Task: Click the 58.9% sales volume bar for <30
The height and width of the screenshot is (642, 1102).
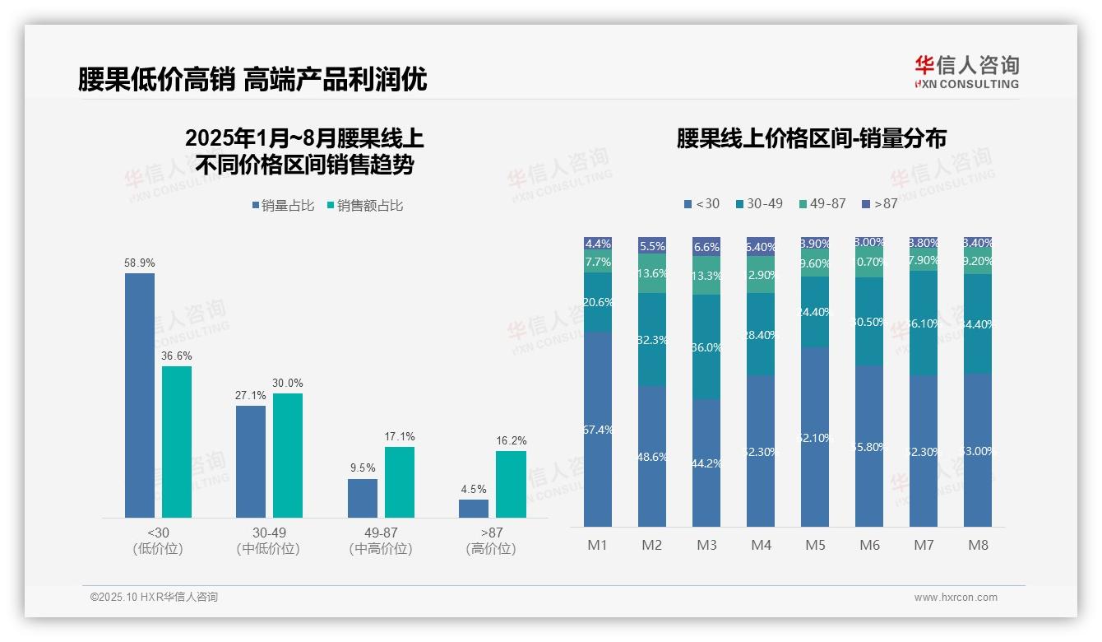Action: (140, 395)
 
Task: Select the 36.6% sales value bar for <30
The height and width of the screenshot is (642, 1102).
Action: (177, 442)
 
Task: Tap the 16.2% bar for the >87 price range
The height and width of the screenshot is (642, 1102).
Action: (511, 484)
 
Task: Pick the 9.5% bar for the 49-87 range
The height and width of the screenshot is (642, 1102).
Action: (363, 498)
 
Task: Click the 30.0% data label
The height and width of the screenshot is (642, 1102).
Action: (288, 383)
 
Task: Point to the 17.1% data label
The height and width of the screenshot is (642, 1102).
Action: (400, 436)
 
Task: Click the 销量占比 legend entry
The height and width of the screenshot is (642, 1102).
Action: (284, 206)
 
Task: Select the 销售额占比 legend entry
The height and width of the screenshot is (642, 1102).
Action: (365, 206)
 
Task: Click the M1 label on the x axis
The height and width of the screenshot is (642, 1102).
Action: (597, 545)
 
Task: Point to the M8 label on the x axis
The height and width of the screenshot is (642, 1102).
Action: (978, 545)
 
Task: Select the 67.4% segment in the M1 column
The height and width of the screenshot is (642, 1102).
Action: (598, 429)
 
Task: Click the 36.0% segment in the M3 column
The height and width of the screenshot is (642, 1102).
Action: (706, 347)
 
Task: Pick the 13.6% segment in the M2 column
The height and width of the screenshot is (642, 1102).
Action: (652, 273)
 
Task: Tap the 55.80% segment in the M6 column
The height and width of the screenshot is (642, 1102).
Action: (869, 446)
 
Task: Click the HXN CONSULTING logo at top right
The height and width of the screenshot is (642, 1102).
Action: (966, 72)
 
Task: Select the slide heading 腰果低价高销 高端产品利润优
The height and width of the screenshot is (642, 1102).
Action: (252, 80)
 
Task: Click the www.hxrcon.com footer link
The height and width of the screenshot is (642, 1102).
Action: (956, 598)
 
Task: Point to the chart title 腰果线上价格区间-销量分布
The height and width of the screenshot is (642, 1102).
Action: (811, 138)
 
